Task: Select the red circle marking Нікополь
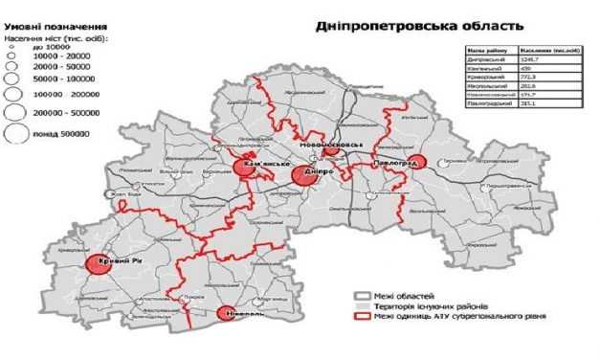coord(227,313)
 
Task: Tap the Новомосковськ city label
coord(332,145)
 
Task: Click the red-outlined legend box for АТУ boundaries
coord(361,318)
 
